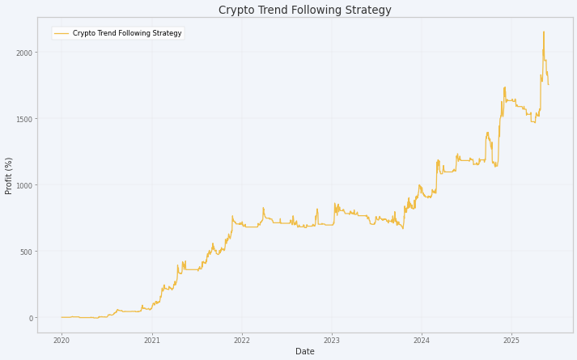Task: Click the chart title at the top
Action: pos(305,10)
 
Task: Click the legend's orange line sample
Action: pos(61,33)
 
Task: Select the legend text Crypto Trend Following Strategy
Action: pos(127,33)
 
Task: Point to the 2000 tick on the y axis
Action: pos(24,53)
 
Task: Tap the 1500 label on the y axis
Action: pos(24,119)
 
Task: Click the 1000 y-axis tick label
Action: pos(24,185)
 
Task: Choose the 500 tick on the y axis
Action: pos(27,252)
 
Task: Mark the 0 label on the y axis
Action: pos(31,318)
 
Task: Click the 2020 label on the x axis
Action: pos(62,341)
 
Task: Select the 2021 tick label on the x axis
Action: pos(151,341)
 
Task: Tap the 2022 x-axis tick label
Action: pos(242,341)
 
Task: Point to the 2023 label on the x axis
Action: pos(332,341)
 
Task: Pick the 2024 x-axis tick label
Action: pos(422,341)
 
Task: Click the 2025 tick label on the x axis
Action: pos(511,341)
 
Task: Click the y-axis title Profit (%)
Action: pos(8,176)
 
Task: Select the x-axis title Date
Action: pos(305,352)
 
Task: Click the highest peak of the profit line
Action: pos(544,32)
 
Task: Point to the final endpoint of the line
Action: pos(549,85)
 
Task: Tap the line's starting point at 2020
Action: pos(62,317)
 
